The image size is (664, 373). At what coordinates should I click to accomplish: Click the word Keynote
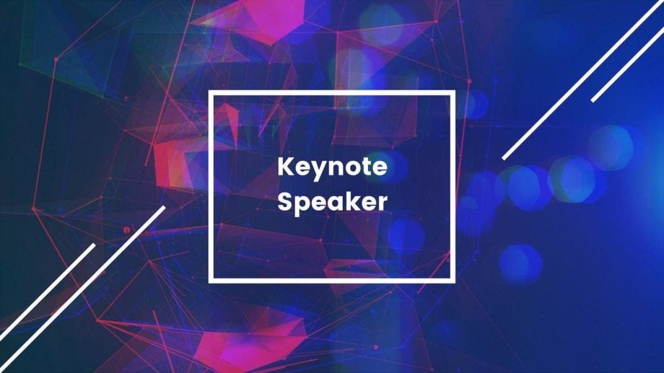click(333, 168)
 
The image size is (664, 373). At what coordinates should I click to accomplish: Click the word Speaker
click(333, 201)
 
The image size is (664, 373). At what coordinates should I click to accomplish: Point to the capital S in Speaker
click(285, 202)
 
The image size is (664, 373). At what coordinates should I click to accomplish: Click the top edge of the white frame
click(331, 93)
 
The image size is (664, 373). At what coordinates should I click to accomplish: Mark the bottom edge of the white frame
click(331, 280)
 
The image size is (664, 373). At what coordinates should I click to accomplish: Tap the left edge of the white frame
click(211, 186)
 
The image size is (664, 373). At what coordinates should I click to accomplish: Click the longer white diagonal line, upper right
click(583, 80)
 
